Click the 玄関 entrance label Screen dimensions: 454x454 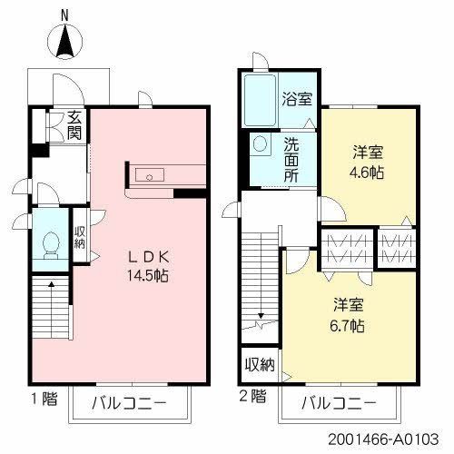click(74, 124)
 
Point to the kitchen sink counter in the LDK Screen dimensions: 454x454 click(148, 175)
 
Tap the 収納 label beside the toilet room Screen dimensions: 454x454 click(80, 236)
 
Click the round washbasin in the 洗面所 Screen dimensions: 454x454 click(259, 144)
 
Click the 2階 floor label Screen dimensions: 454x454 click(253, 396)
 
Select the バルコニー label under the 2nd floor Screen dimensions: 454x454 click(340, 403)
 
